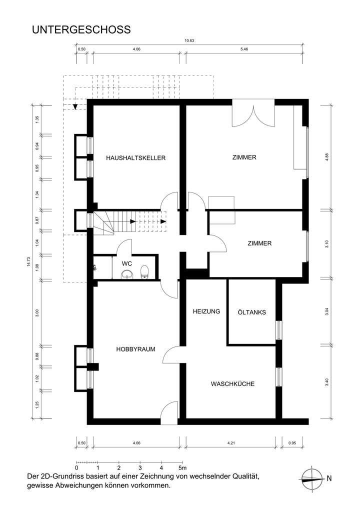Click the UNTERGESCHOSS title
click(x=81, y=30)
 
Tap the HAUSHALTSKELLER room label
click(x=135, y=158)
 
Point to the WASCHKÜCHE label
click(x=232, y=384)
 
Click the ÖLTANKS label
click(x=251, y=312)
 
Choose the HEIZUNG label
click(x=206, y=311)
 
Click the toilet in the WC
click(x=144, y=271)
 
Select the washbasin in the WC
click(x=127, y=273)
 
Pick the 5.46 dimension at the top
click(x=244, y=49)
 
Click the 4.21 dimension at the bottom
click(x=230, y=442)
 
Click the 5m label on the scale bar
click(x=183, y=468)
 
